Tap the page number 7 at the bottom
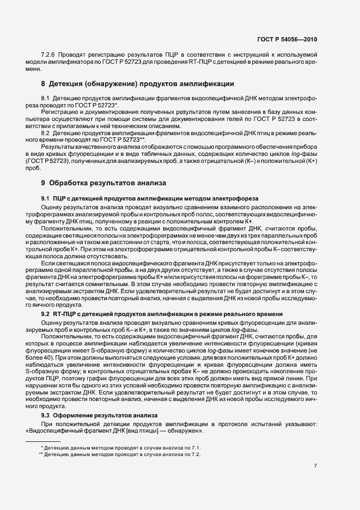[316, 465]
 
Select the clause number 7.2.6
[50, 56]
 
